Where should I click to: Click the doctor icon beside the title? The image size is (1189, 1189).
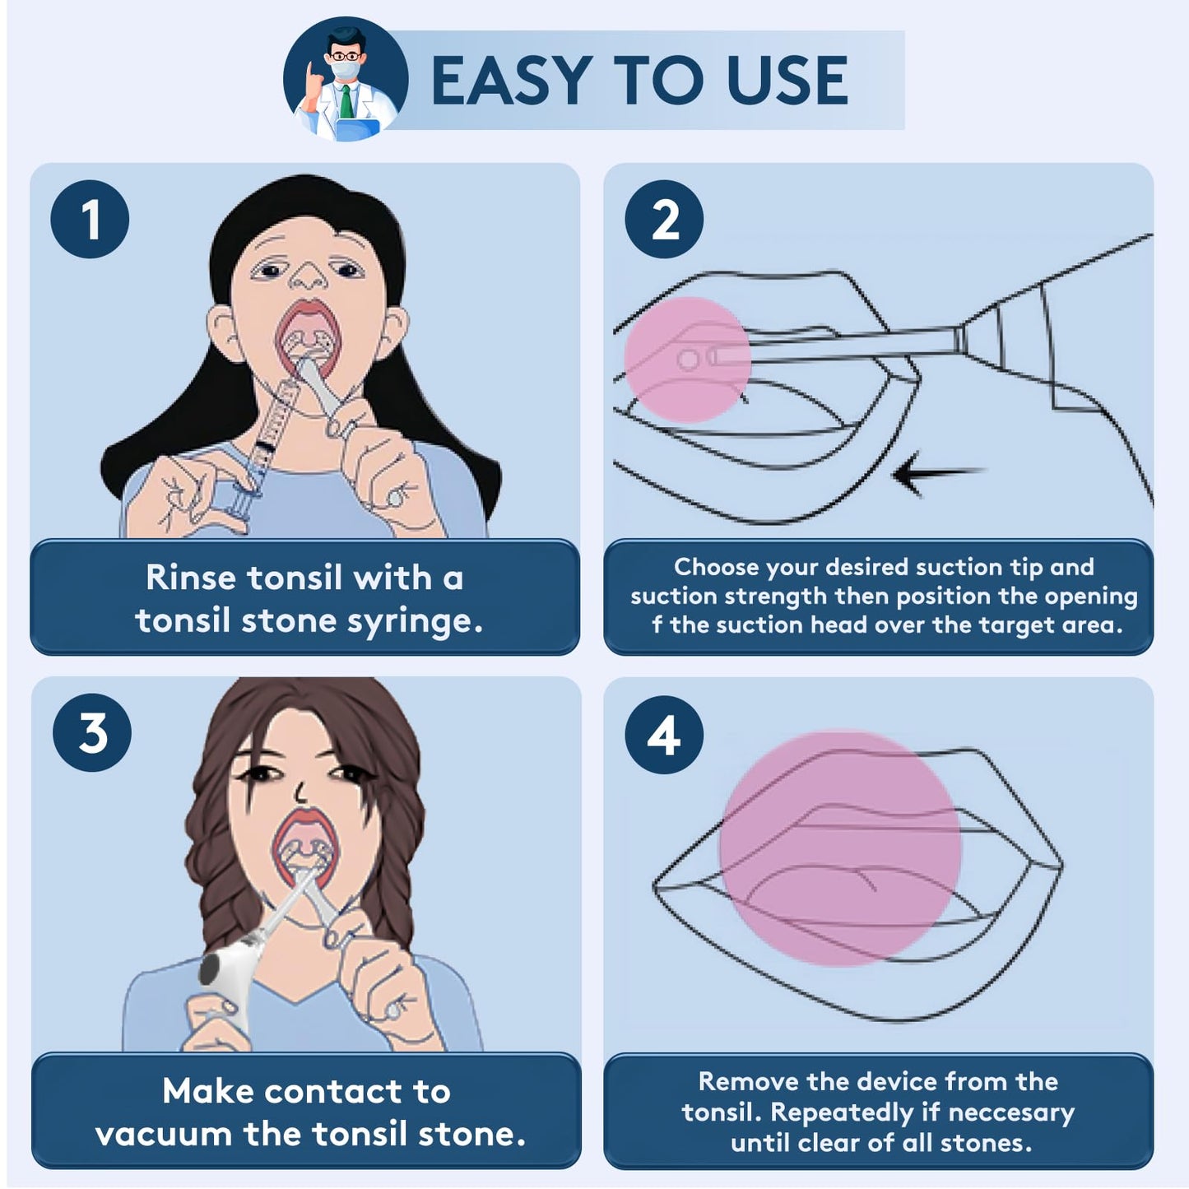point(346,79)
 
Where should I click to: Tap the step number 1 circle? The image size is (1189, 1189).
point(90,219)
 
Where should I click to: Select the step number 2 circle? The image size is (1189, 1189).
point(664,219)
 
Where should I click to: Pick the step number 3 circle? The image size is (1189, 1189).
point(92,732)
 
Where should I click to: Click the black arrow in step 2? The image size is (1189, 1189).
point(934,475)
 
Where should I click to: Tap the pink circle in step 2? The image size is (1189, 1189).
point(687,360)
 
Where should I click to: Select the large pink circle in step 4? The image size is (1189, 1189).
point(839,848)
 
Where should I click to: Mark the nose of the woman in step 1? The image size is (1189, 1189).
point(309,277)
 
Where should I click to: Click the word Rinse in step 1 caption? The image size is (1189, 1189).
point(192,578)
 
